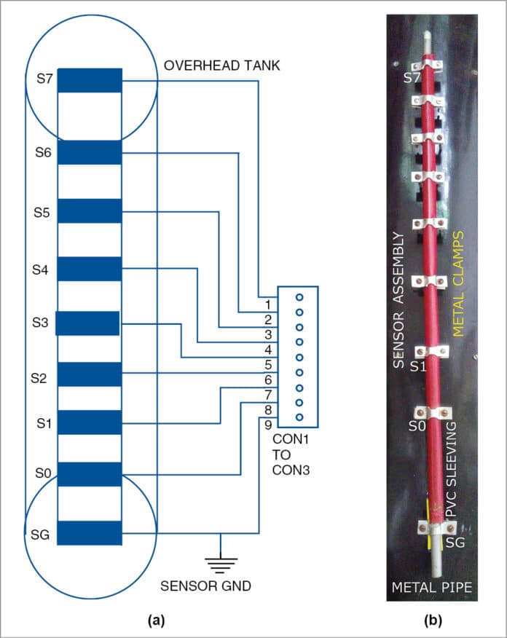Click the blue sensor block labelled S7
(x=89, y=80)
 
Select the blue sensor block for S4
(x=89, y=269)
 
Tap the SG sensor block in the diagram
(x=89, y=533)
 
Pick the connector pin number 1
(x=268, y=304)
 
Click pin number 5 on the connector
(x=268, y=364)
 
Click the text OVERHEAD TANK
(x=221, y=66)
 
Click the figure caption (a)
(x=154, y=620)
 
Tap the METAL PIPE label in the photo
(x=433, y=586)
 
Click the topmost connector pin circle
(x=299, y=297)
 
